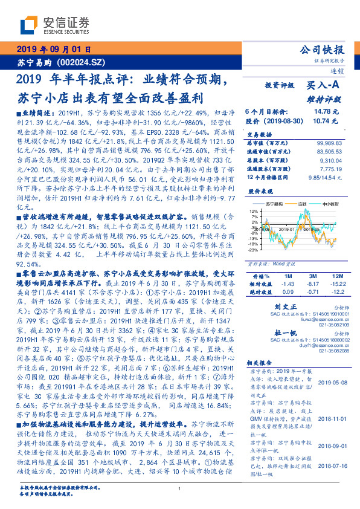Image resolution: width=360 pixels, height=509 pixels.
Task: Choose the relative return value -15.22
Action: click(x=337, y=284)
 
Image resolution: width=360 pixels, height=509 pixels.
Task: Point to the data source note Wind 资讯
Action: click(x=284, y=264)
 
